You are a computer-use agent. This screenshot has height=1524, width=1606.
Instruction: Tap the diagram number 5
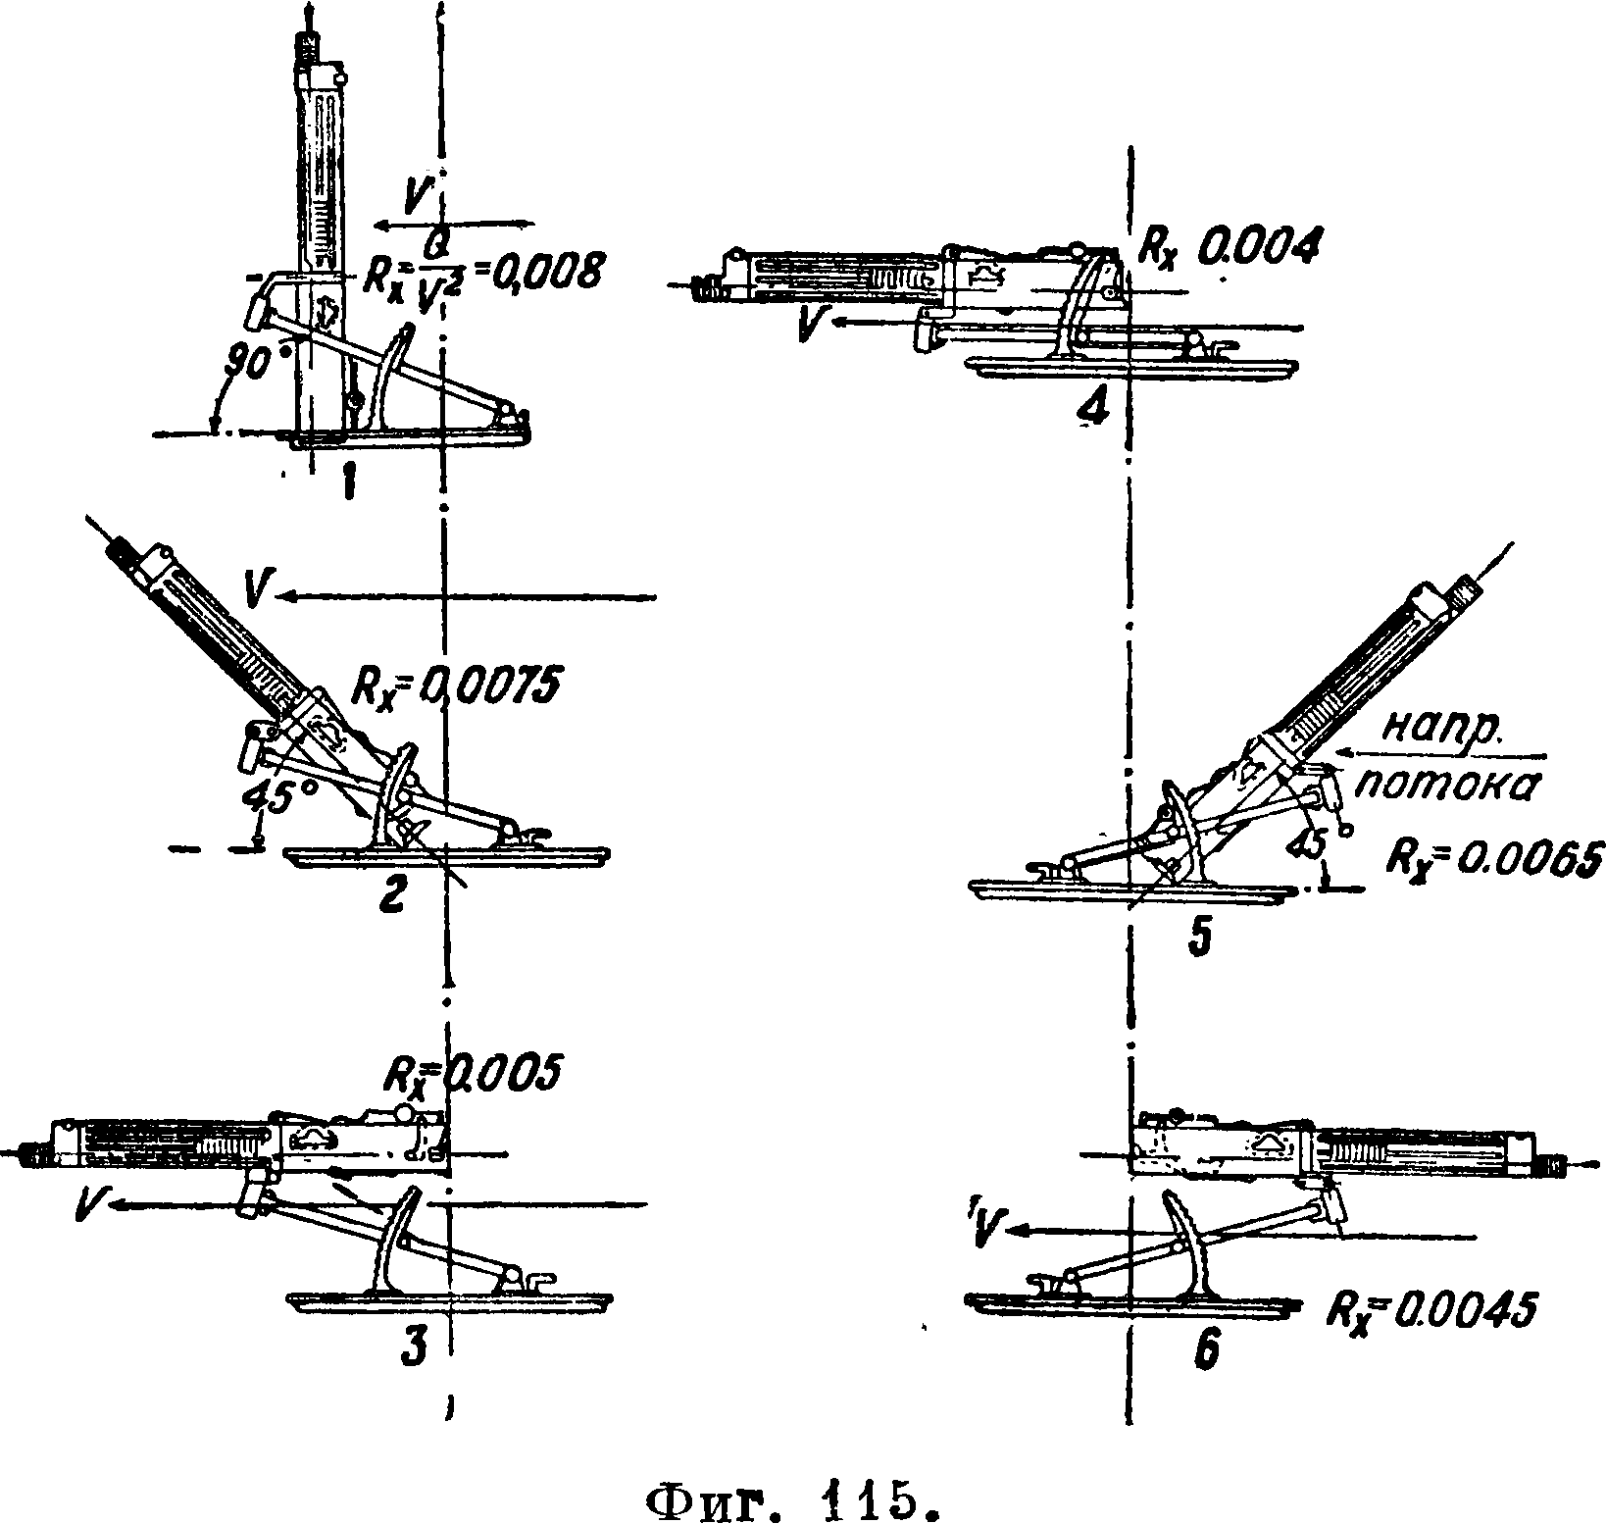click(x=1199, y=937)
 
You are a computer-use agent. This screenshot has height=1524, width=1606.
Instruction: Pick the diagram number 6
click(x=1207, y=1353)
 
